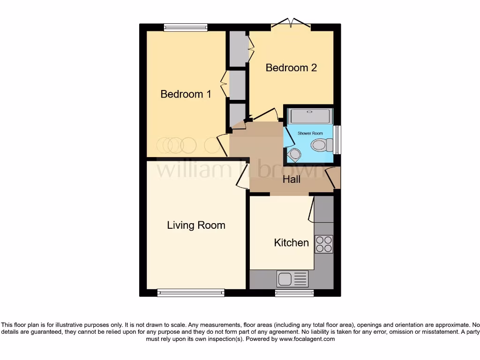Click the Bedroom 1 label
tap(186, 94)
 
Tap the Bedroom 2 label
tap(291, 67)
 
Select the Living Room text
tap(196, 225)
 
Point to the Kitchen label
tap(291, 242)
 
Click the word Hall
tap(291, 179)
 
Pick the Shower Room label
tap(310, 134)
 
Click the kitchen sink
tap(292, 279)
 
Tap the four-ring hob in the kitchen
tap(323, 244)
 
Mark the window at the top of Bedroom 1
tap(186, 28)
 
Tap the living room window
tap(190, 293)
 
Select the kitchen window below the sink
tap(294, 293)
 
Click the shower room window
tap(337, 139)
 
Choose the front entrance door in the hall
tap(334, 178)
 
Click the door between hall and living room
tap(243, 177)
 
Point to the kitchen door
tap(311, 209)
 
